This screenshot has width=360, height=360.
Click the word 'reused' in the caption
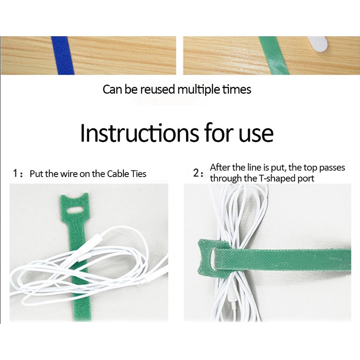click(157, 89)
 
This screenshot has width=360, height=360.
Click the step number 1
click(15, 174)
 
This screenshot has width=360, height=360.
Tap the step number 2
click(196, 173)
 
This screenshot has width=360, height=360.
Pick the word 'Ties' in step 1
click(139, 174)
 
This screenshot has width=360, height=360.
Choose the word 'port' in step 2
click(306, 179)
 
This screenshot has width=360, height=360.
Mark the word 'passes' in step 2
click(332, 168)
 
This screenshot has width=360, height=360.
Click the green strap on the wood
click(274, 55)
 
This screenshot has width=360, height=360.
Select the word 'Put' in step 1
click(36, 174)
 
